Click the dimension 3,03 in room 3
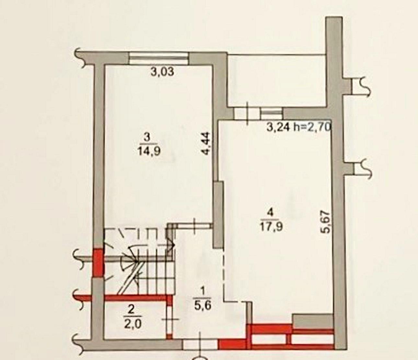162,71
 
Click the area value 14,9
149,150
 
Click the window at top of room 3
159,58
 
